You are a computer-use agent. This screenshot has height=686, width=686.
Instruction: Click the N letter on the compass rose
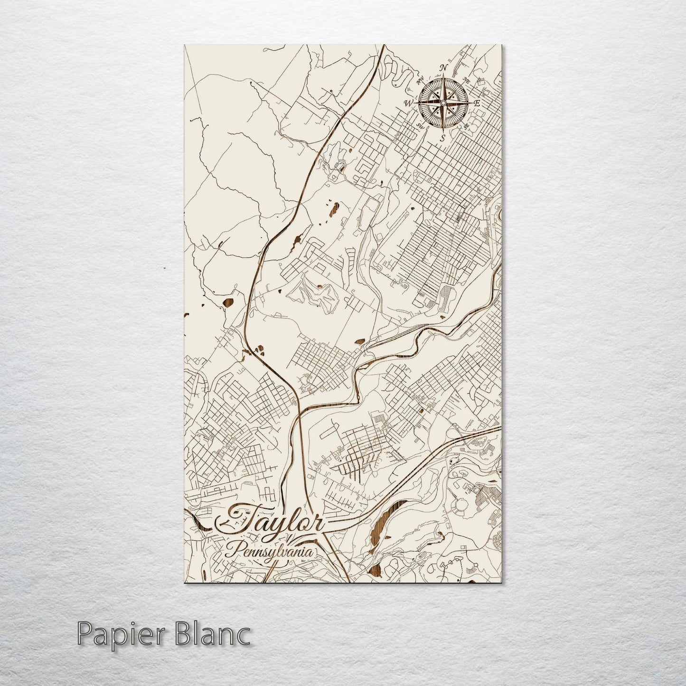click(444, 68)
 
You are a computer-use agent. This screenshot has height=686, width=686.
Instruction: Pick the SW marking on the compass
click(420, 126)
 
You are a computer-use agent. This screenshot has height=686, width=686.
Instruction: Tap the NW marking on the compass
click(420, 81)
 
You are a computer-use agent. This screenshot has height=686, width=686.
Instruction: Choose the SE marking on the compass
click(467, 126)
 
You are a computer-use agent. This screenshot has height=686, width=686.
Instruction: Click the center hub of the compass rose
click(443, 103)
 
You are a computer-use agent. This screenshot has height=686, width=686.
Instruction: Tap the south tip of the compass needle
click(443, 131)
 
